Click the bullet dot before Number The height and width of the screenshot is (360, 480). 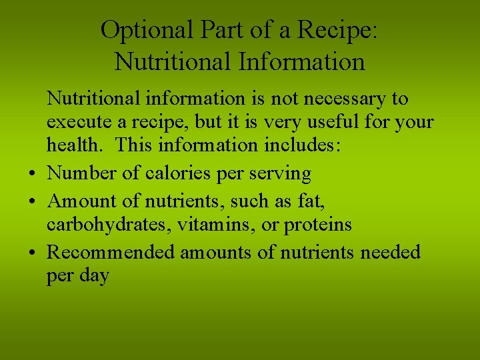33,175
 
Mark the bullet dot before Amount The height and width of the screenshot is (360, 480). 33,201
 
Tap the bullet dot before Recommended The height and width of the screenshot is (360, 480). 33,253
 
